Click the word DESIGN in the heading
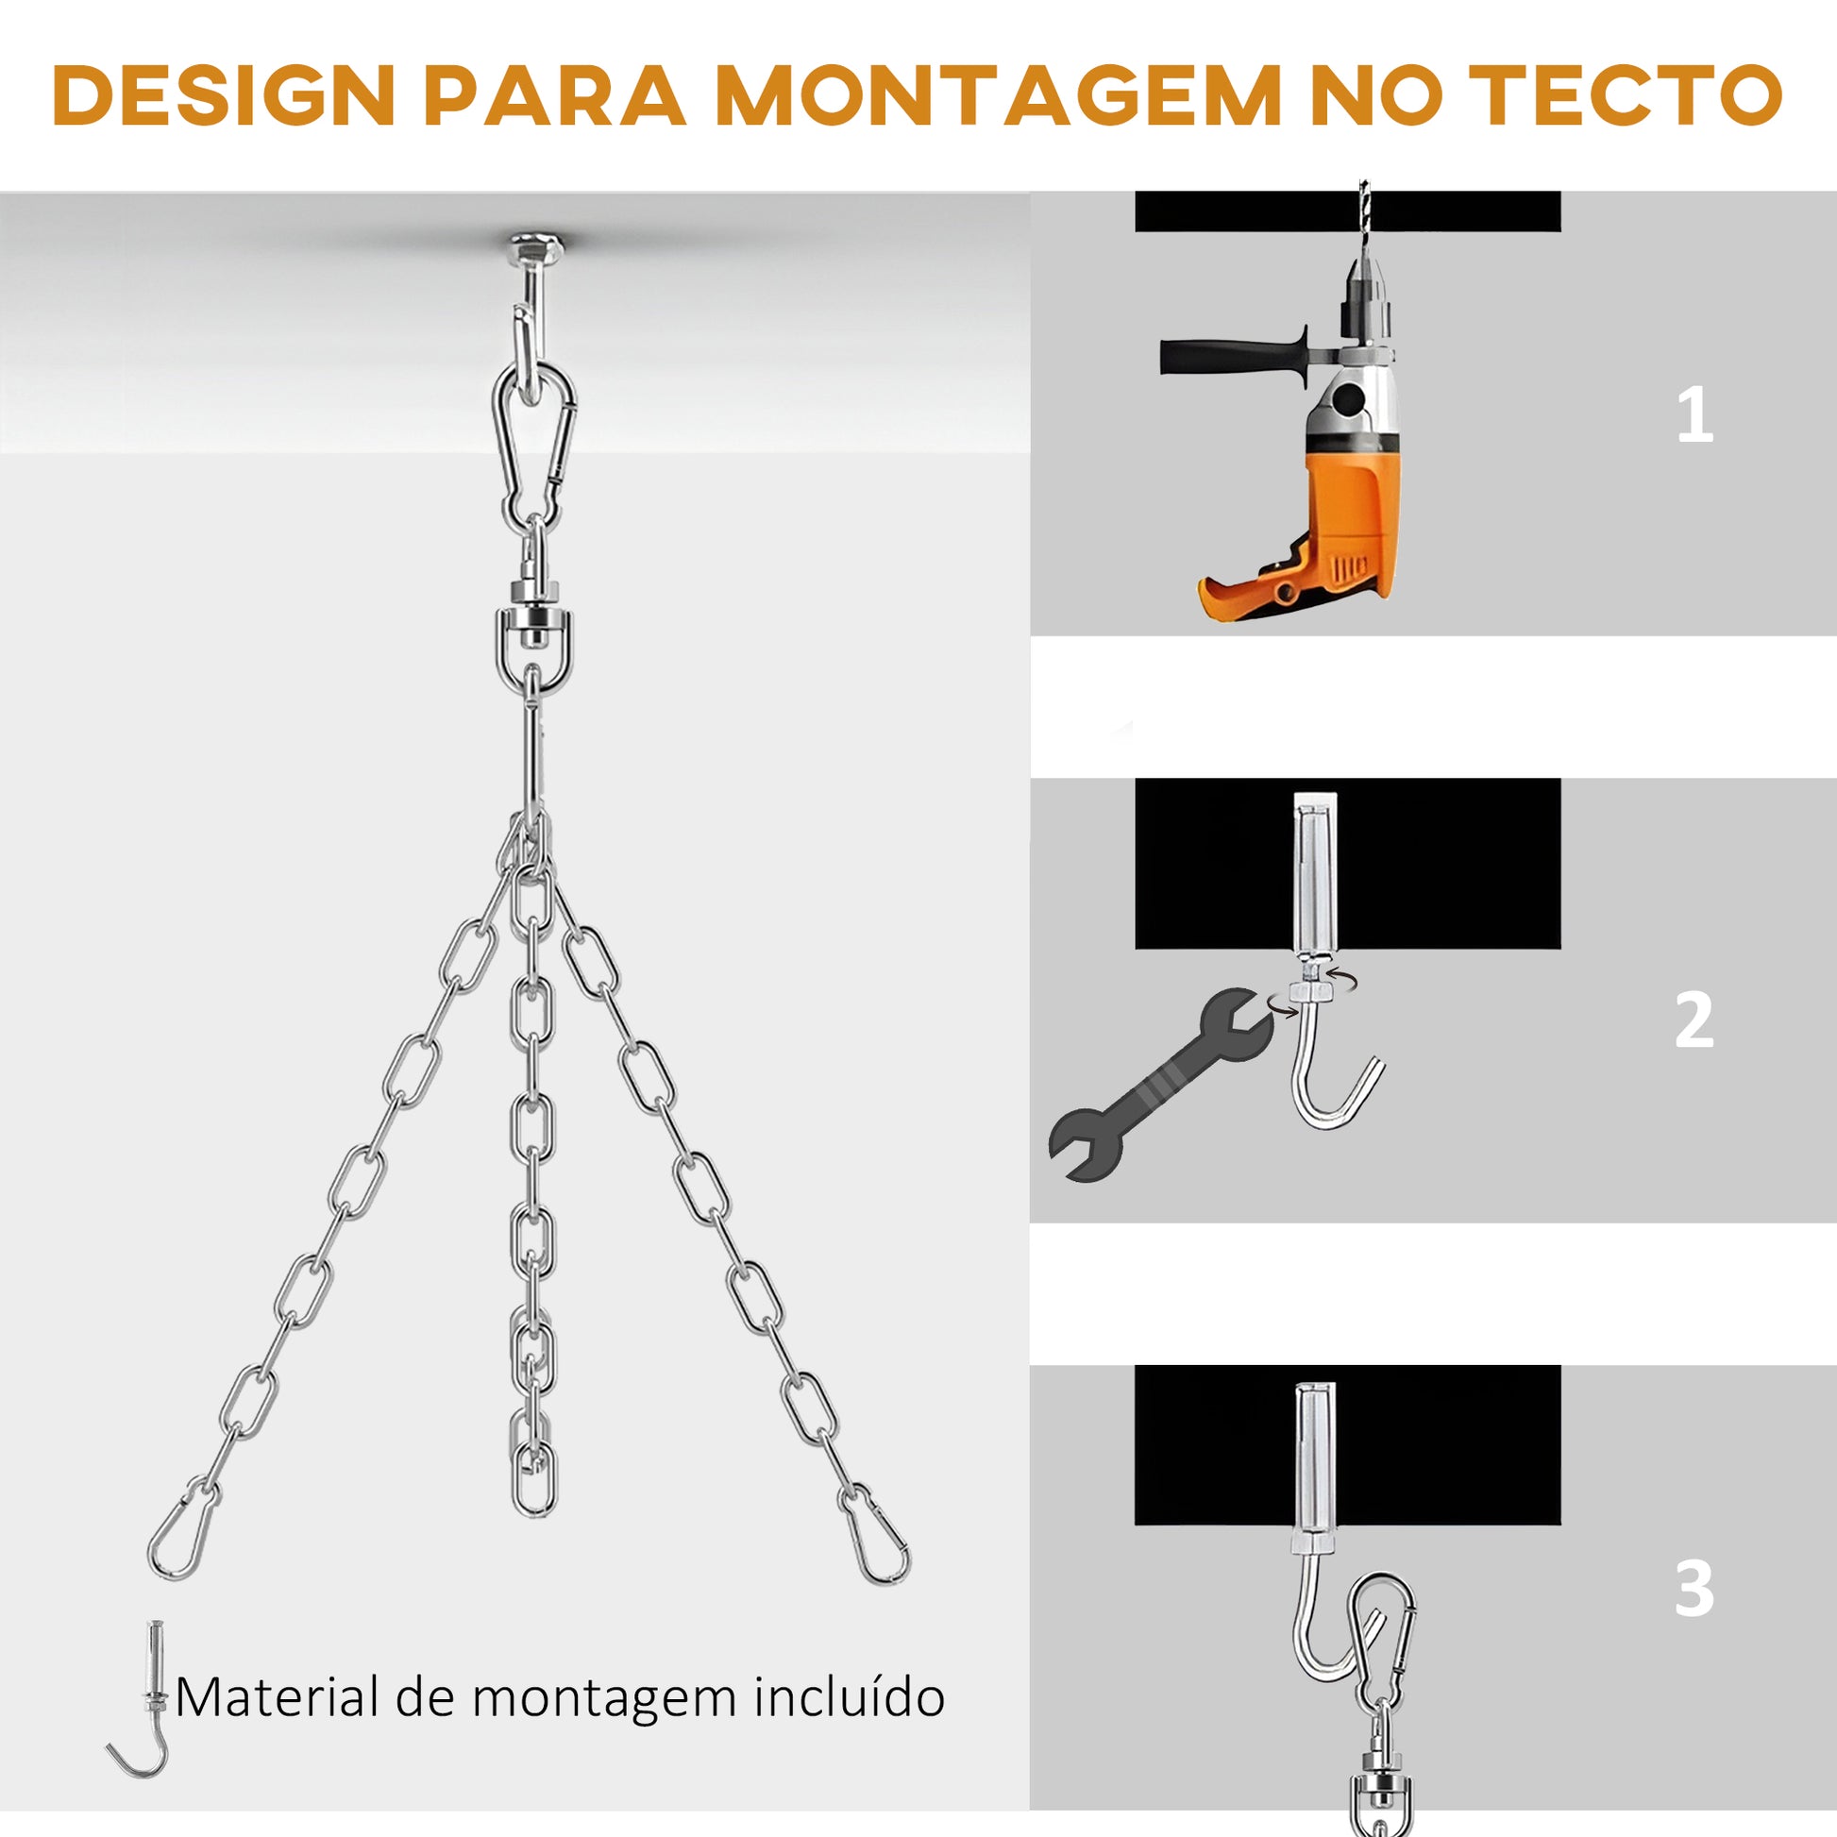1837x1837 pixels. [225, 95]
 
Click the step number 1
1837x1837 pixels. [1694, 416]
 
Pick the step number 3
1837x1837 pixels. [1694, 1588]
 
